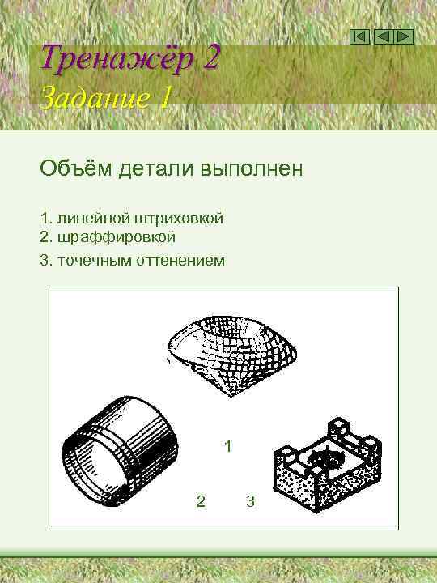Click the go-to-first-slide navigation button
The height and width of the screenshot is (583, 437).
click(362, 36)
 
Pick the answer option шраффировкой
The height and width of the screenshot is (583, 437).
click(114, 237)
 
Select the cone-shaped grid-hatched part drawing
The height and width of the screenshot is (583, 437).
click(232, 355)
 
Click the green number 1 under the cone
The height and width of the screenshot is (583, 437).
click(228, 446)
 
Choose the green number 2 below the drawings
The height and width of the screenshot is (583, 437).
click(201, 501)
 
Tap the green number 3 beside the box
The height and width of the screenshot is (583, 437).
click(250, 501)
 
